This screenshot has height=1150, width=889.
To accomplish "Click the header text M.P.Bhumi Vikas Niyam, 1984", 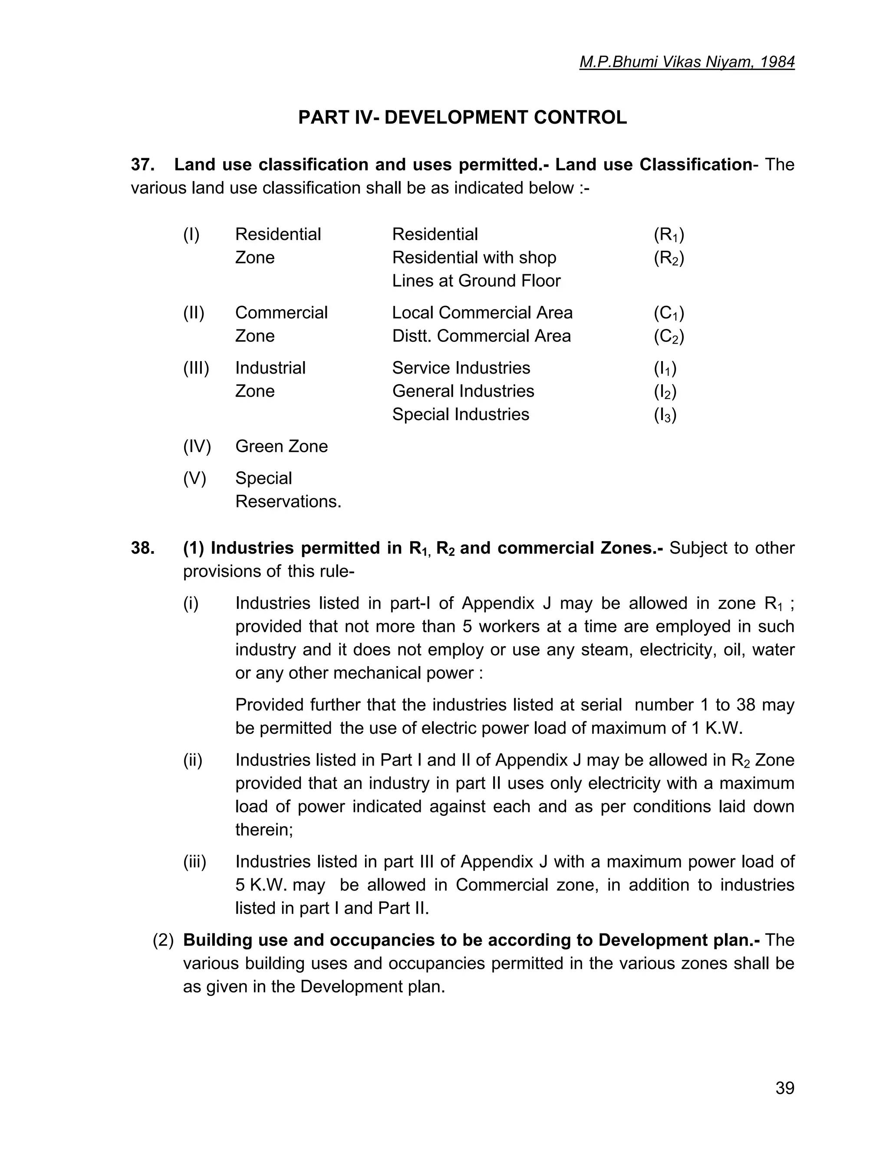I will pos(686,62).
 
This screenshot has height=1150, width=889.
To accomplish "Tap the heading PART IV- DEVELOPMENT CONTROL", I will pos(462,117).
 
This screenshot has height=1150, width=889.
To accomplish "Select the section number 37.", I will pos(142,165).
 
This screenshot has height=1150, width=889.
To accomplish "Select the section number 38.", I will pos(142,548).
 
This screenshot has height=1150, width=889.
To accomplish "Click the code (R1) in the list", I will pos(668,235).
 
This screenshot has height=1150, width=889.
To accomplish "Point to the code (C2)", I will pos(668,336).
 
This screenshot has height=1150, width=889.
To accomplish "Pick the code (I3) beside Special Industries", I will pos(665,415).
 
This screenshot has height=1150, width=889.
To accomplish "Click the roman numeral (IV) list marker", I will pos(197,447).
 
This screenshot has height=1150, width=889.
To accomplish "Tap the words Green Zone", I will pos(281,447).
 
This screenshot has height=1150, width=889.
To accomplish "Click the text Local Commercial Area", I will pos(482,313).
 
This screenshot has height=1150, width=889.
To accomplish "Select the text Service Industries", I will pos(461,368).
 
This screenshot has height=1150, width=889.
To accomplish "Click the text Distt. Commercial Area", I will pos(481,336).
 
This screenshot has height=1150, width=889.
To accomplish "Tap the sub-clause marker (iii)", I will pos(194,862).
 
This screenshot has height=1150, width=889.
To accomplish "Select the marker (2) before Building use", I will pos(163,940).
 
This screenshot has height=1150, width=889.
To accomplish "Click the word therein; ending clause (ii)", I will pos(264,830).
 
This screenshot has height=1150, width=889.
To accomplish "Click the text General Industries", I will pos(463,391).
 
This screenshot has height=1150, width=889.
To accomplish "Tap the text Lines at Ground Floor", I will pos(476,281).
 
